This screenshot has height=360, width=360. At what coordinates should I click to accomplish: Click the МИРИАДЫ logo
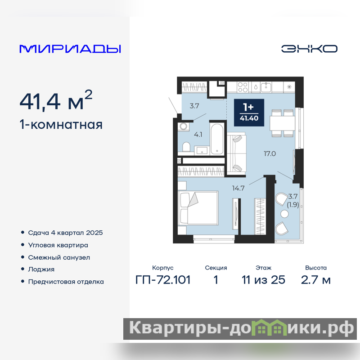70,49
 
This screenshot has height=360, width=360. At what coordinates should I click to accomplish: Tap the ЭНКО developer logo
309,49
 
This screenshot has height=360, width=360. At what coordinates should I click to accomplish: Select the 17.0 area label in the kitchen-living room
270,153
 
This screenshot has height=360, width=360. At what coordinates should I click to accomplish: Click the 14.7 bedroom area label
238,188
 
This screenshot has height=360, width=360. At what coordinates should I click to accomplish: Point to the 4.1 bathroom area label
198,134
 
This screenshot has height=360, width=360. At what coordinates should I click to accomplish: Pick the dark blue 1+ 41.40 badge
249,113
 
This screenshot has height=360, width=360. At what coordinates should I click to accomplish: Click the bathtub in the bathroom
217,139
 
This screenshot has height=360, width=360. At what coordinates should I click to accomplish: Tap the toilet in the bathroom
186,147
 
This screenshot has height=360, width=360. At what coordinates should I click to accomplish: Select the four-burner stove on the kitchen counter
243,87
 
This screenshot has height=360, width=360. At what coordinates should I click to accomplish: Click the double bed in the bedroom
198,208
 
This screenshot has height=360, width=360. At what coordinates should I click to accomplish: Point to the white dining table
282,123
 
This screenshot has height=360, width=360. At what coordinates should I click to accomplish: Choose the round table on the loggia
284,214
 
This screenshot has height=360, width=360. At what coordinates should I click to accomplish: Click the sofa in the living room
237,153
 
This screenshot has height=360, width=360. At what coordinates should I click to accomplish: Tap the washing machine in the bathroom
183,126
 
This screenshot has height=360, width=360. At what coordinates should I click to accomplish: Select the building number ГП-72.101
163,280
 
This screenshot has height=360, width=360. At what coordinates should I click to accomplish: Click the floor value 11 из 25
263,280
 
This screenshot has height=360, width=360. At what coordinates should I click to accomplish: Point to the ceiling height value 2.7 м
316,280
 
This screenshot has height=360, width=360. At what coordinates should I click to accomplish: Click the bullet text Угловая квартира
58,245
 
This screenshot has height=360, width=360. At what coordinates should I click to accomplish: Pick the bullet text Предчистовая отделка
66,282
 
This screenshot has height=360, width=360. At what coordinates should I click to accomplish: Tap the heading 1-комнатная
61,125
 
